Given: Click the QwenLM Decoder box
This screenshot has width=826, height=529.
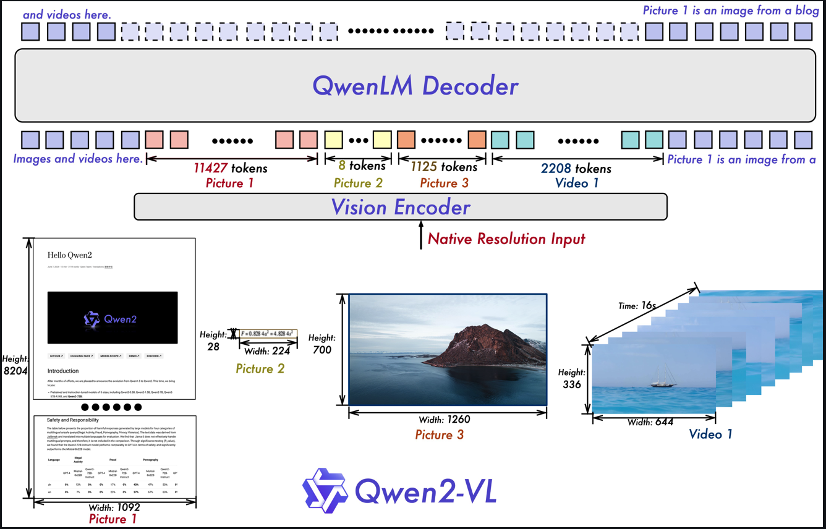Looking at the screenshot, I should (x=414, y=85).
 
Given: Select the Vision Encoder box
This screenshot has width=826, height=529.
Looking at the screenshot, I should (x=401, y=207).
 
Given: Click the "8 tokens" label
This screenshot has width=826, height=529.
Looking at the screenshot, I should (x=362, y=166).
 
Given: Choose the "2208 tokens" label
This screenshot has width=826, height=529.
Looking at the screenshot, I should (x=576, y=168).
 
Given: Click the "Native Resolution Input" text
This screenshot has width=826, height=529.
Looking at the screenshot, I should (x=506, y=239).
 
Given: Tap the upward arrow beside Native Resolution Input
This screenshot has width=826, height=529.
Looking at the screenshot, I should (x=420, y=238).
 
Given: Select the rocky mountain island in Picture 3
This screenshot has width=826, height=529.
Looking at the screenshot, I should (x=482, y=349).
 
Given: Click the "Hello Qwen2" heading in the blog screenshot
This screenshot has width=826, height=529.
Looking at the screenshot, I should (x=70, y=255).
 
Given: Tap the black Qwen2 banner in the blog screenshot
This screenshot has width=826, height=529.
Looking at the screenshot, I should (x=113, y=318).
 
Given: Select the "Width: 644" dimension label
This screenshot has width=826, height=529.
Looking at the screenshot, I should (x=650, y=422).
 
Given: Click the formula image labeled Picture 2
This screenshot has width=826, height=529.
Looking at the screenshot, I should (x=267, y=333).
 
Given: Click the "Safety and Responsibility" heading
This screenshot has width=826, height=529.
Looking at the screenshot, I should (x=73, y=420).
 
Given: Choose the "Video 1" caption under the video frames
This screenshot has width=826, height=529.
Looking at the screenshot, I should (x=710, y=434).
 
